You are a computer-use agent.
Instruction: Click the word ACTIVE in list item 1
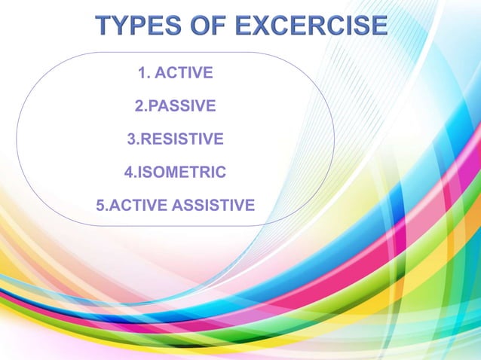(184, 74)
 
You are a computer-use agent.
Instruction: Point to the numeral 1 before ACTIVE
(142, 74)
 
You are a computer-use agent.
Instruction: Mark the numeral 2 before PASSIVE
(138, 107)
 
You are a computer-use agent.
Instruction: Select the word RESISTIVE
(182, 139)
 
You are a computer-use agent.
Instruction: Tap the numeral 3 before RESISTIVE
(134, 139)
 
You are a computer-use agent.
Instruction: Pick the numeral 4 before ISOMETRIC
(128, 172)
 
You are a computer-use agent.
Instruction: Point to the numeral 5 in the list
(101, 205)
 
